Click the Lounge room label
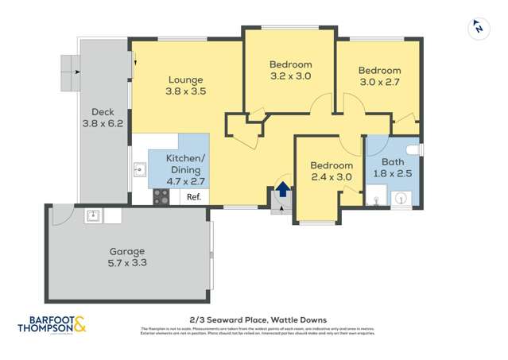[x=185, y=85]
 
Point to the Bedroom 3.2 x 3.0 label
[x=290, y=71]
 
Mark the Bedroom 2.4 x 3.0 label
[x=331, y=171]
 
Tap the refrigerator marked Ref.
[x=193, y=196]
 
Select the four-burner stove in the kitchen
[x=161, y=197]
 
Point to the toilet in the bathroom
[x=412, y=149]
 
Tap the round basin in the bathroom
[x=402, y=199]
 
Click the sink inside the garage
[x=94, y=215]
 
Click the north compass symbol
[x=477, y=28]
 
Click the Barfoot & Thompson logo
[x=52, y=326]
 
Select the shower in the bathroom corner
[x=376, y=198]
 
